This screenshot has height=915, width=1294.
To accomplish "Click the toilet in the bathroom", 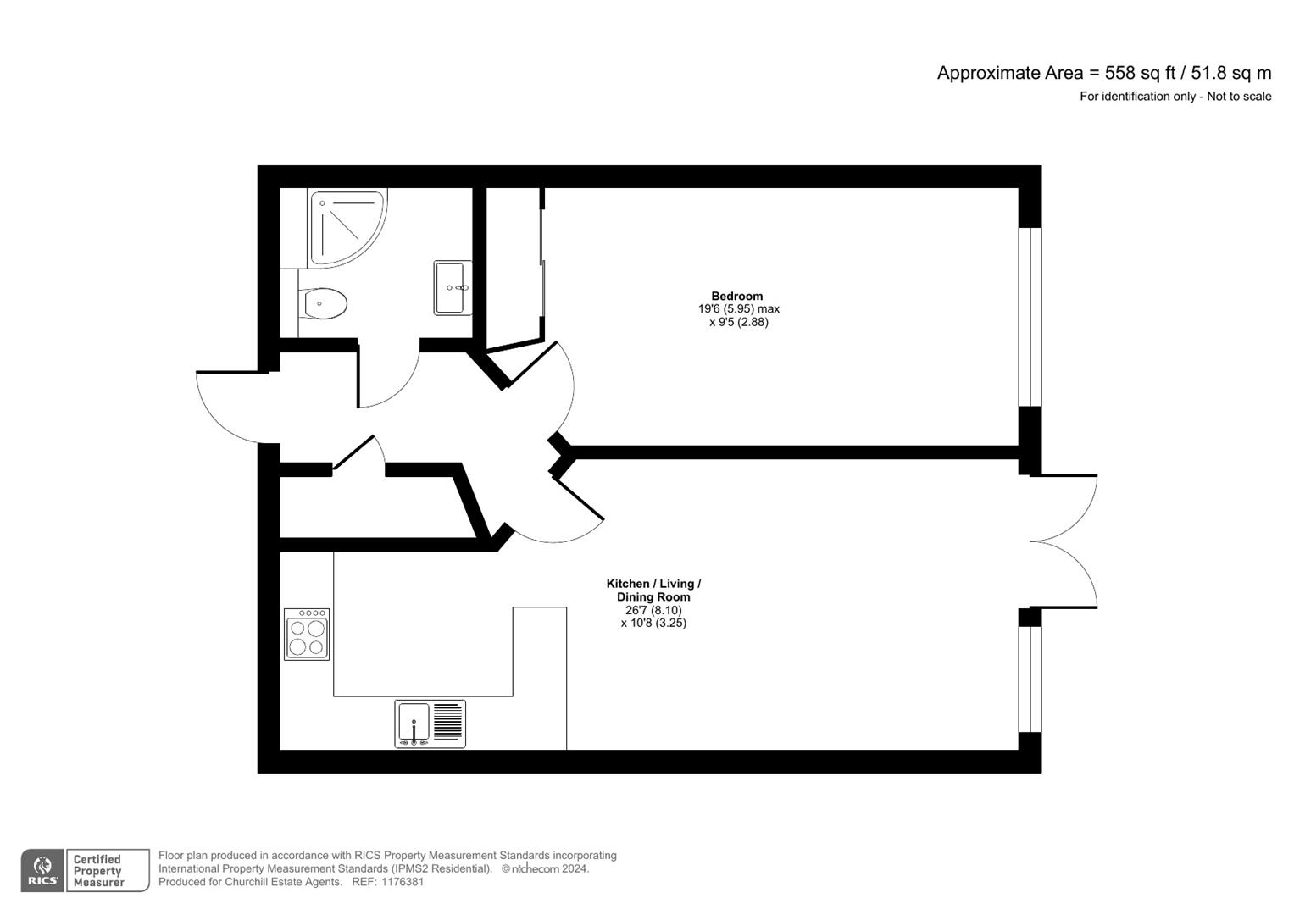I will point(324,303).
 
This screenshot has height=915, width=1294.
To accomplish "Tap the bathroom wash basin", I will point(453,288).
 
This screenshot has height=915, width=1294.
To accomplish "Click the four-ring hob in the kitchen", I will point(307,634).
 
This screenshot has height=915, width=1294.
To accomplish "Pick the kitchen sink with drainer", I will point(430,724).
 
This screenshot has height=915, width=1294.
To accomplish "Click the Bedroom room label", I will point(736,296).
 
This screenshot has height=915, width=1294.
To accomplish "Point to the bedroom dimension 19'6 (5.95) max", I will point(737,309).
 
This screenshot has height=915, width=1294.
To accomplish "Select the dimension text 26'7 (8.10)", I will point(653,610).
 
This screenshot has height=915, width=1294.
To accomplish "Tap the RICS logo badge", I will point(42,870).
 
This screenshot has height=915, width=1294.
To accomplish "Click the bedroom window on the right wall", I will point(1030,317).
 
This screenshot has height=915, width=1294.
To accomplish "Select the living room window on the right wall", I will point(1030,679).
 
